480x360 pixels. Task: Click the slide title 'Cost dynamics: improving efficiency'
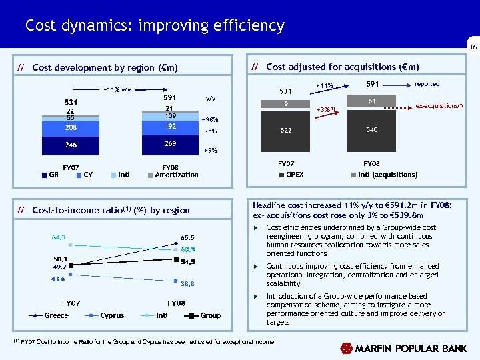155,26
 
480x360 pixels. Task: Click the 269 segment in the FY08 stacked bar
171,144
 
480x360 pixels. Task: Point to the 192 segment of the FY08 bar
171,126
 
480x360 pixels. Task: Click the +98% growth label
209,120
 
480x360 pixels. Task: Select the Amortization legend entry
176,175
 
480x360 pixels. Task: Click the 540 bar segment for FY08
372,131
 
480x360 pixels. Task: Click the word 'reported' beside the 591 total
427,85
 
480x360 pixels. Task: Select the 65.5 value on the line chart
187,237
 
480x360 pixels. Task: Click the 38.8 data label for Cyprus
187,283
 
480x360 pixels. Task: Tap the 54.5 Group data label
187,261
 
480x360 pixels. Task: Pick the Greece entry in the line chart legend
56,315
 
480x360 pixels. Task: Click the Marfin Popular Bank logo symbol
346,349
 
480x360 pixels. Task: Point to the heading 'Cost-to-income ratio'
80,211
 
